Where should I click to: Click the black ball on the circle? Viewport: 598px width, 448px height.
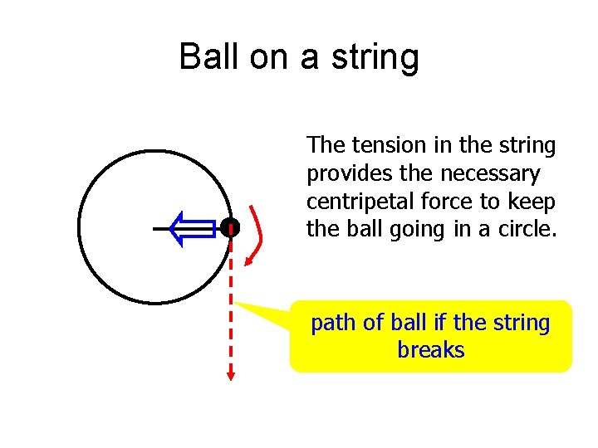[x=230, y=227]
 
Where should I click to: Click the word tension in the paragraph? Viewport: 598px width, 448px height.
[x=389, y=145]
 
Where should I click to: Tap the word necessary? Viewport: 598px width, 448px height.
[x=490, y=174]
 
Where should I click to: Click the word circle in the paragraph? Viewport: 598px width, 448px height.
[x=526, y=229]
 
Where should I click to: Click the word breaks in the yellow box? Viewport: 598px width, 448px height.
[x=431, y=350]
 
